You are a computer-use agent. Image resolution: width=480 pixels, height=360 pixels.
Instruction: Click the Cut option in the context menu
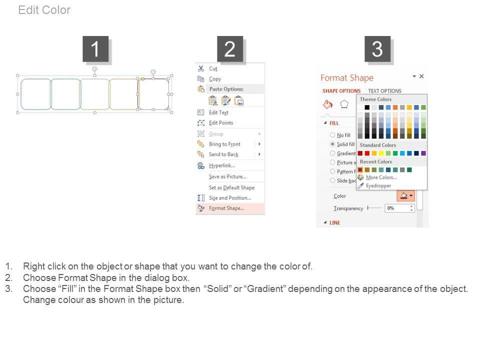(x=213, y=68)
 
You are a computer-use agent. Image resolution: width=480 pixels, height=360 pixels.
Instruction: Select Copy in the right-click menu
(x=215, y=79)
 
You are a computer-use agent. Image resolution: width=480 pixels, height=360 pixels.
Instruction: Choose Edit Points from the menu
(x=220, y=123)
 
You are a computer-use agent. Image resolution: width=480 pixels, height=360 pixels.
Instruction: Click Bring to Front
(x=224, y=144)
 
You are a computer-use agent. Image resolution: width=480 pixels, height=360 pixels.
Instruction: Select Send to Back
(x=223, y=154)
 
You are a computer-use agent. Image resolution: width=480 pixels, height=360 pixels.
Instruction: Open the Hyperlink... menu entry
(x=221, y=165)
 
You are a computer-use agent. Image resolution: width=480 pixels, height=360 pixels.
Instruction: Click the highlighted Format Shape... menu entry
(x=226, y=208)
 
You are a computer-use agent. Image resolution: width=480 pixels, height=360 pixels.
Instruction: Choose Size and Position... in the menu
(x=229, y=198)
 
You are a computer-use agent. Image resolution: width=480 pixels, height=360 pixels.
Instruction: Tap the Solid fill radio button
(x=332, y=144)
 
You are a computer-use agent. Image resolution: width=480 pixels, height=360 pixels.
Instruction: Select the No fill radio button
(x=332, y=134)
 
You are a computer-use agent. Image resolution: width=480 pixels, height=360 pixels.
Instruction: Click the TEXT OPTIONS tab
(x=384, y=91)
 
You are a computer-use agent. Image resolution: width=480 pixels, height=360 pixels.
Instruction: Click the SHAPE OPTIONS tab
(x=341, y=91)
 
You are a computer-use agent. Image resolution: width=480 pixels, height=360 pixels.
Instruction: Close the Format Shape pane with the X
(x=421, y=76)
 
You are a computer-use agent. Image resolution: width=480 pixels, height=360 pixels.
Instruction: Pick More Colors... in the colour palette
(x=381, y=177)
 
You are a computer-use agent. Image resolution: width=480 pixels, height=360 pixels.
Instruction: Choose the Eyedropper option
(x=378, y=186)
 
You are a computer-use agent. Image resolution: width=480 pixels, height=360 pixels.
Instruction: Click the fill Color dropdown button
(x=406, y=195)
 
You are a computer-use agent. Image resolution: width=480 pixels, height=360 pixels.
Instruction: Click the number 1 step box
(x=95, y=49)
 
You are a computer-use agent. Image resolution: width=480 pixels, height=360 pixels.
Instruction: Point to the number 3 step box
(x=377, y=49)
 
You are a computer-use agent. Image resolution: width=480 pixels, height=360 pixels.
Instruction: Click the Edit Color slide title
(x=44, y=10)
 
